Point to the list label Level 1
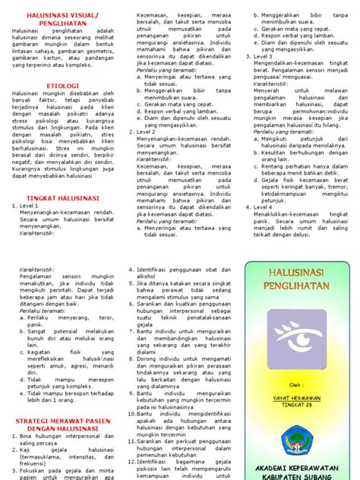pyautogui.click(x=30, y=205)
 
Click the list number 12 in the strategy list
pyautogui.click(x=132, y=459)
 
